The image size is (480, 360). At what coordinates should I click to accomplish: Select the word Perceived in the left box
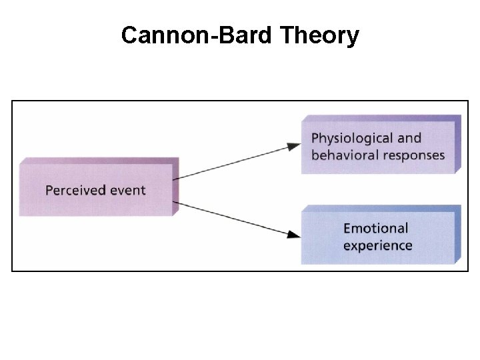(75, 190)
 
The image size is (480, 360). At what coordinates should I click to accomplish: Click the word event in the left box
(127, 190)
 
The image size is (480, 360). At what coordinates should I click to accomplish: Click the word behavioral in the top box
(343, 155)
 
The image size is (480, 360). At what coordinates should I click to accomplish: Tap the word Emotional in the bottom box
(375, 229)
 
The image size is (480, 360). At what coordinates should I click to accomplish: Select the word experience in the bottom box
(377, 245)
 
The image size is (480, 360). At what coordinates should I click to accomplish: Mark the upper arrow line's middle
(237, 162)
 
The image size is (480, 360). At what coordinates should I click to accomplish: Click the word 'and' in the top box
(409, 139)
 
